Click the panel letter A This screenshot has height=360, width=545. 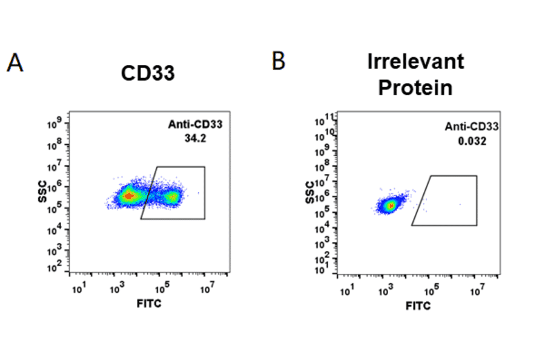coord(15,62)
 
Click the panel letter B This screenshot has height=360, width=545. coord(278,61)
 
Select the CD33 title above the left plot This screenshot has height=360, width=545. coord(148,73)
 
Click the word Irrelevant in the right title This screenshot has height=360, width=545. coord(415,61)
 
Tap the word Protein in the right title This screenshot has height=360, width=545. coord(415,87)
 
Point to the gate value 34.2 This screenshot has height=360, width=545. coord(196,138)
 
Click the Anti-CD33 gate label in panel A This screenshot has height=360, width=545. coord(196,125)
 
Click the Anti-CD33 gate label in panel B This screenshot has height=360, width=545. coord(472,127)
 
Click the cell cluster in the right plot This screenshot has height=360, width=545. coord(391,205)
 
